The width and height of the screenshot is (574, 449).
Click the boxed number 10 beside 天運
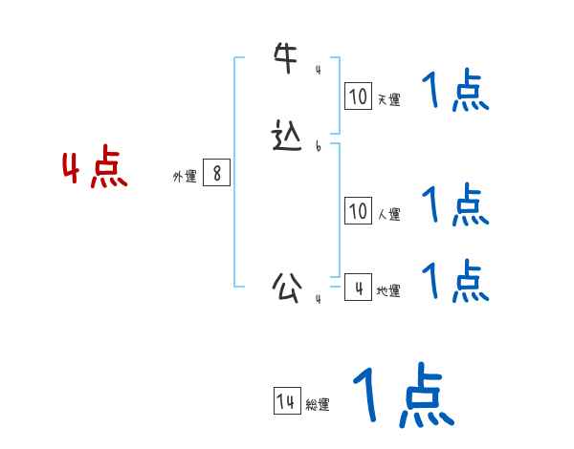pyautogui.click(x=358, y=96)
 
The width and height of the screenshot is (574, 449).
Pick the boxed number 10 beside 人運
pyautogui.click(x=358, y=211)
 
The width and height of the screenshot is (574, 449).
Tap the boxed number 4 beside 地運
pyautogui.click(x=358, y=287)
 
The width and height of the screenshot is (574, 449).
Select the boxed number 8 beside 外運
pyautogui.click(x=217, y=174)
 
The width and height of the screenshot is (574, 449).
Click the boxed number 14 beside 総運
pyautogui.click(x=286, y=402)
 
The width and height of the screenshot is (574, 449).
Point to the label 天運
pyautogui.click(x=388, y=99)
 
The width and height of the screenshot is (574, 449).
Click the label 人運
pyautogui.click(x=388, y=214)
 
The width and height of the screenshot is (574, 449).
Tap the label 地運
pyautogui.click(x=388, y=290)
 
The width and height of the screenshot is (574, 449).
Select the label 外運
pyautogui.click(x=185, y=177)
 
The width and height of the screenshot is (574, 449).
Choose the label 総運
pyautogui.click(x=318, y=405)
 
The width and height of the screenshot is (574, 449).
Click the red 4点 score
pyautogui.click(x=95, y=170)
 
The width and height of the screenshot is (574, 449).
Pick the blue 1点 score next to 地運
pyautogui.click(x=454, y=281)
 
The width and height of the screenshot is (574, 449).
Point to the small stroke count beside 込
pyautogui.click(x=318, y=146)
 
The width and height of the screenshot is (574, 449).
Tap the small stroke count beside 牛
pyautogui.click(x=318, y=70)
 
